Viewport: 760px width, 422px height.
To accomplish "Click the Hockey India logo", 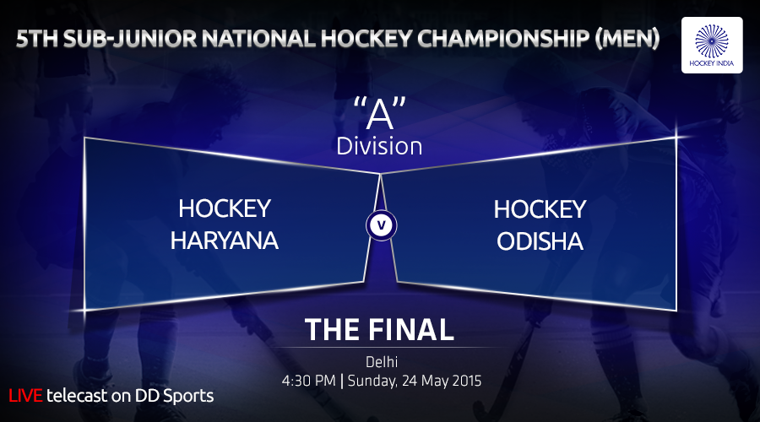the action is (712, 45).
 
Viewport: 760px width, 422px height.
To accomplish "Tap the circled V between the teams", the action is (382, 225).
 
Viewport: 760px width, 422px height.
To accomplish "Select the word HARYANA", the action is (225, 241).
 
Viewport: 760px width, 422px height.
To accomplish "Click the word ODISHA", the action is (540, 241).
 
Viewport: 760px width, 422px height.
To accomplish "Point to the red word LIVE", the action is (25, 395).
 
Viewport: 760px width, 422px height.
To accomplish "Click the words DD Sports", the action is (174, 396).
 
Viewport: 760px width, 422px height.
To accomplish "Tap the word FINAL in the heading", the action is (411, 330).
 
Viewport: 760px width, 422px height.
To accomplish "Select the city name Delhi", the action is (382, 361).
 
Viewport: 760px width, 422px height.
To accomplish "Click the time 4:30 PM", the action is (309, 381).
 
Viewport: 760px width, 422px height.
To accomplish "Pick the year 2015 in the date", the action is (466, 381).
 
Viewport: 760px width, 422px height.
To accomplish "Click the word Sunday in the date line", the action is (372, 381).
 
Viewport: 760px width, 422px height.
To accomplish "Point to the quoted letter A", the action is (379, 113).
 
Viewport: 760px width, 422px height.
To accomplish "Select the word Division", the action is (379, 146).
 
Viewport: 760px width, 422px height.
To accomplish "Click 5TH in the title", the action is (37, 39).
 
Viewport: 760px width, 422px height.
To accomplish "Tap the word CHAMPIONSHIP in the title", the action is (503, 39).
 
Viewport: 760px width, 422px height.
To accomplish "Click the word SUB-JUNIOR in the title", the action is (130, 39).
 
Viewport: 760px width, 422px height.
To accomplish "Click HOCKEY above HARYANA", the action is (225, 208).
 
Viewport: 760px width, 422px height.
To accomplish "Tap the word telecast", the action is (77, 396).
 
